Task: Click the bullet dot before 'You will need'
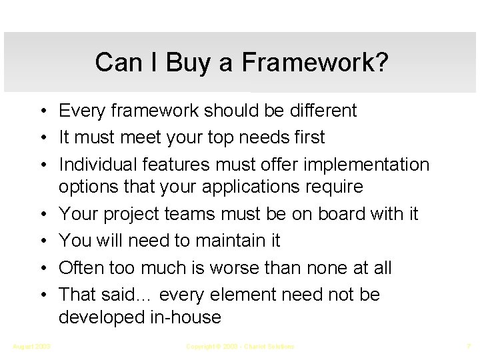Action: (42, 241)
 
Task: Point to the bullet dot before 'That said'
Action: (42, 294)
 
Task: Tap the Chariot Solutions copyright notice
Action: (240, 346)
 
